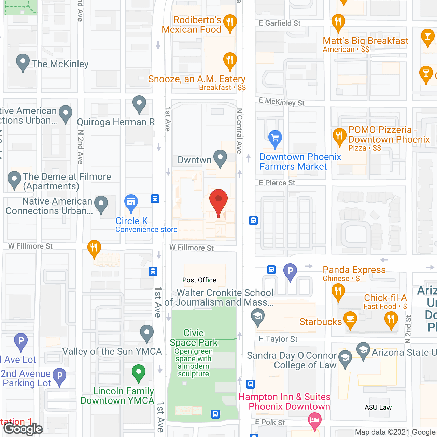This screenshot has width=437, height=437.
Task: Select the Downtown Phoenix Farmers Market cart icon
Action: (275, 138)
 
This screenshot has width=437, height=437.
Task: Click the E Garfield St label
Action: (280, 23)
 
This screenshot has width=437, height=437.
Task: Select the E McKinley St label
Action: (282, 102)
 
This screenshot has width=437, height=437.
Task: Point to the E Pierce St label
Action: (277, 183)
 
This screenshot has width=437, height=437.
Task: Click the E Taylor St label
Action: (278, 339)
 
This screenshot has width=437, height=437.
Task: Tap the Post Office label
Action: (199, 280)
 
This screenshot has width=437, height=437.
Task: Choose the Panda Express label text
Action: (354, 270)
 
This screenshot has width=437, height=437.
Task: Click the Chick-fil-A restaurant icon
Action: (391, 320)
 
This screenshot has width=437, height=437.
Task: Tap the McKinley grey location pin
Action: (23, 62)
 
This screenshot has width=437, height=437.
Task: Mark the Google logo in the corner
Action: (23, 429)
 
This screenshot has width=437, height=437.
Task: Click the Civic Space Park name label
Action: (194, 338)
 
